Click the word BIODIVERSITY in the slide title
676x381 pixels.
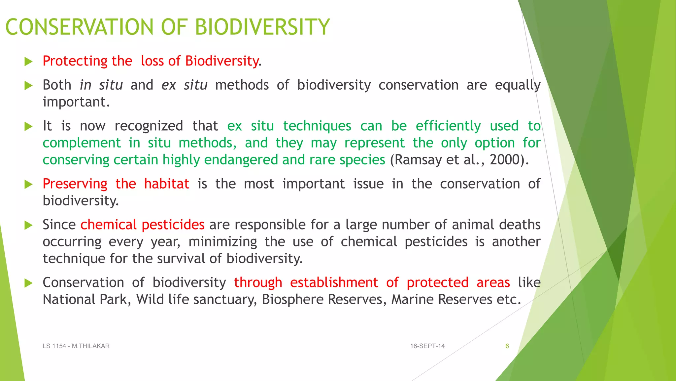[x=262, y=27]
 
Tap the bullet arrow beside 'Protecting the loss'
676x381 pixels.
[x=29, y=62]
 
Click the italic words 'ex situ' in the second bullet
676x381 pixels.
[x=184, y=85]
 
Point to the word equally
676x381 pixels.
[x=517, y=85]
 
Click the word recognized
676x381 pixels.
[x=149, y=126]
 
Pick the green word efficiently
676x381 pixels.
[x=448, y=126]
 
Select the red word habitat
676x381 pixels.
[x=167, y=184]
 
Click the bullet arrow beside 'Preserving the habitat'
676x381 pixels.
[x=29, y=185]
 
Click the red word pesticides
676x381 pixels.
[x=173, y=225]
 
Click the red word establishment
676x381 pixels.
[x=334, y=283]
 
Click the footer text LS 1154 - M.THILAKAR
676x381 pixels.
[x=76, y=346]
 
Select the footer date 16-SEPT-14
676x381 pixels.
[x=427, y=346]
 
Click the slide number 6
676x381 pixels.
[x=507, y=346]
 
